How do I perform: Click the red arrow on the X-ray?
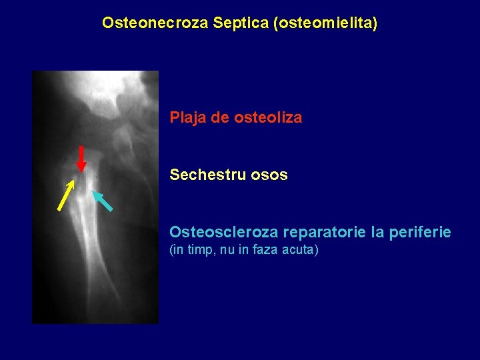81,159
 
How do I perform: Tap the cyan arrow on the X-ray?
102,201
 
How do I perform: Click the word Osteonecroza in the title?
156,23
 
